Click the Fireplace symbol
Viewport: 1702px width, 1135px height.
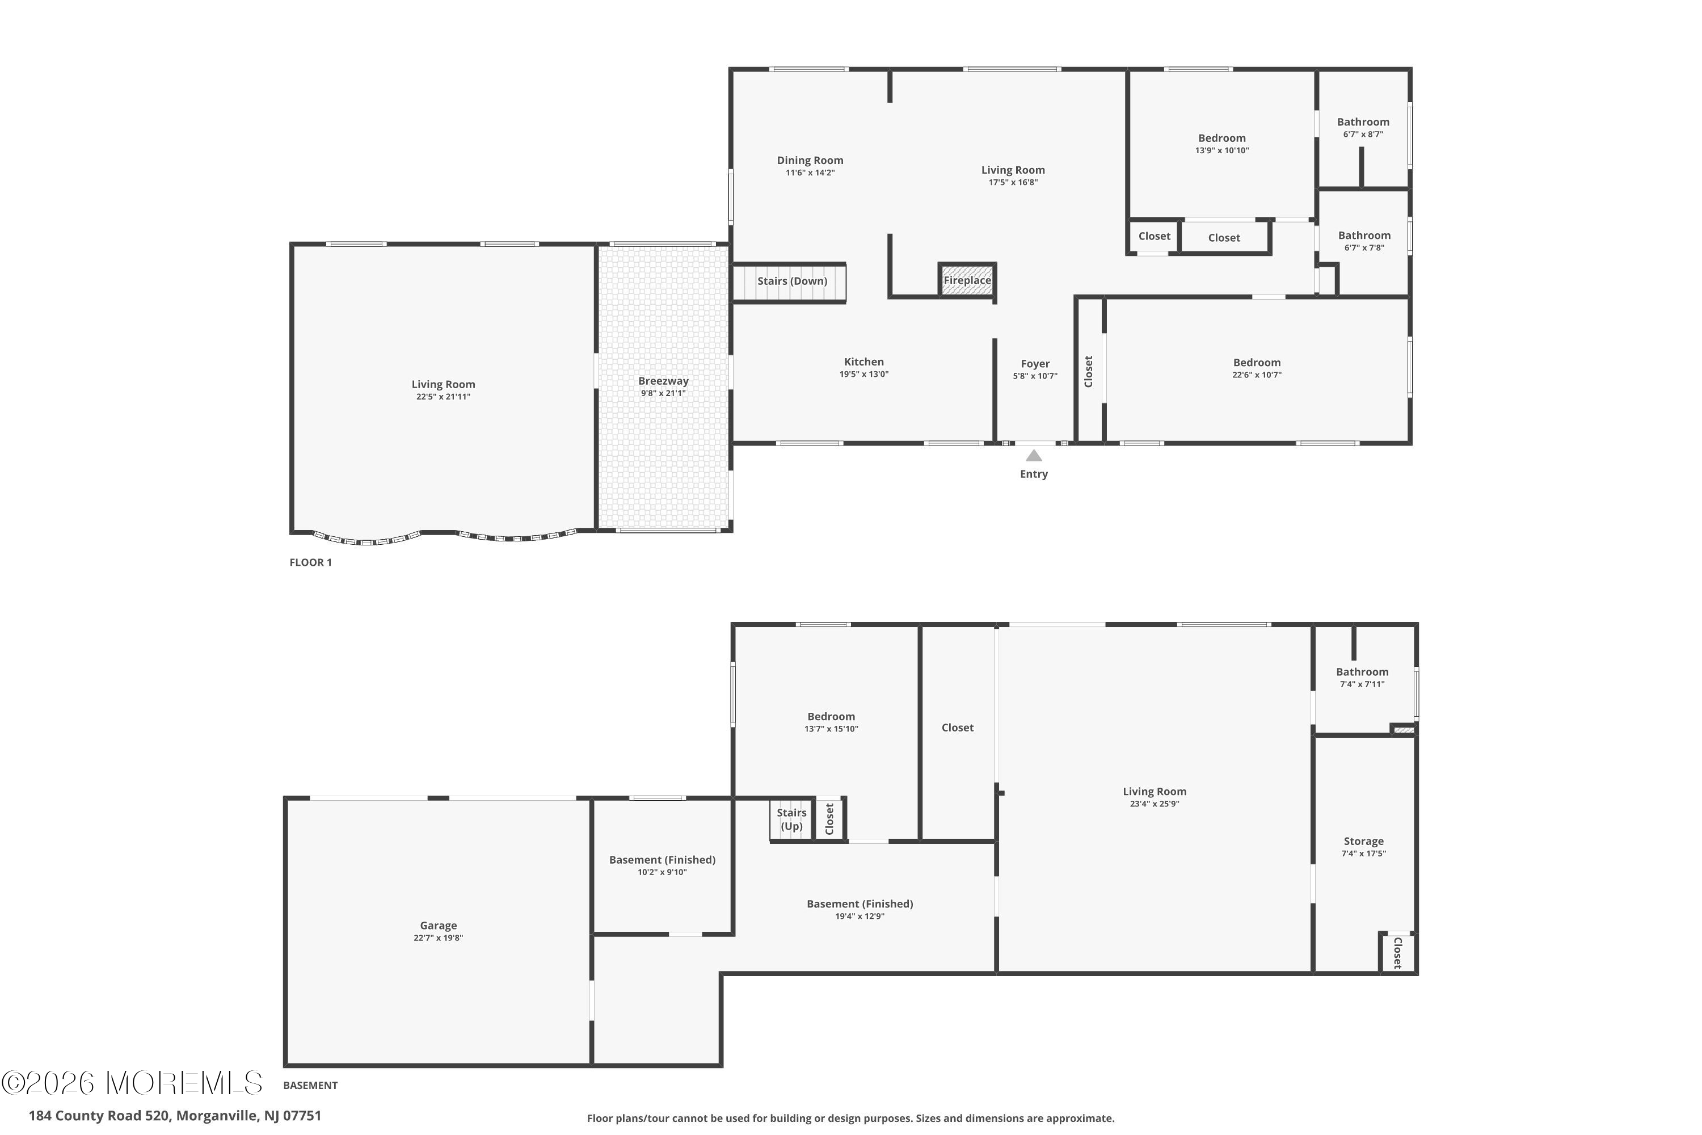point(967,279)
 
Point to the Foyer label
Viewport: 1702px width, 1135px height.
point(1035,363)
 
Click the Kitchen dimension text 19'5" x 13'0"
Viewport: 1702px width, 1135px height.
point(863,374)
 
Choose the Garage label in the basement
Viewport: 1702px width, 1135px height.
point(438,925)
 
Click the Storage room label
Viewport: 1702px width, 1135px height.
point(1363,841)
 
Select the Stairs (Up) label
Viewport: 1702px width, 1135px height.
point(791,819)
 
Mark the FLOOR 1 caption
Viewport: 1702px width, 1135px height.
point(310,562)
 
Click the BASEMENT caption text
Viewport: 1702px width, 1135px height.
point(310,1085)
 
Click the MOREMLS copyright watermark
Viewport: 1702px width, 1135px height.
point(132,1083)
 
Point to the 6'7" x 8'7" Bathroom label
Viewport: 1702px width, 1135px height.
point(1363,127)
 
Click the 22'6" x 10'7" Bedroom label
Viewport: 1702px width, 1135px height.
point(1257,368)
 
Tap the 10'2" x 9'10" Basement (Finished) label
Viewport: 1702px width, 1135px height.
point(662,865)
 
